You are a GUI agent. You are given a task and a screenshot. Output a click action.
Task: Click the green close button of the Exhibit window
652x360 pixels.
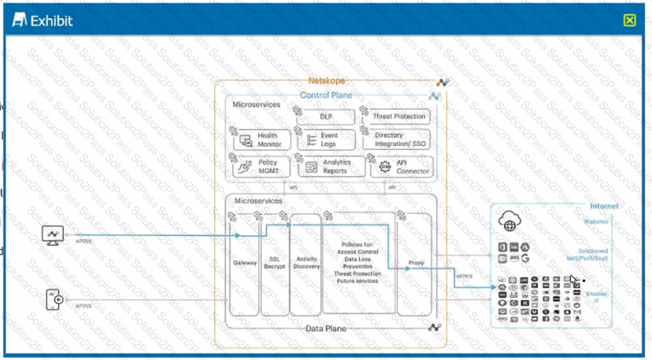[629, 21]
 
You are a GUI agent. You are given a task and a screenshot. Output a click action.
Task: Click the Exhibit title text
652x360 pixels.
[51, 21]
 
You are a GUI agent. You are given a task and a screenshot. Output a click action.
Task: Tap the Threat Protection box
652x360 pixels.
[398, 117]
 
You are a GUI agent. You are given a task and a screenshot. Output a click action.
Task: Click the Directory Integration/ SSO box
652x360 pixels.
[397, 140]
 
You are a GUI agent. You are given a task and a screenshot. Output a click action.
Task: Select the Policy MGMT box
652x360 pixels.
[262, 167]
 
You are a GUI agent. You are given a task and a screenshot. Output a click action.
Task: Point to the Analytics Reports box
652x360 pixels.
[333, 167]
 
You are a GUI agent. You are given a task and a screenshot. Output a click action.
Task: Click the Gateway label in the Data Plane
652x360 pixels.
[245, 263]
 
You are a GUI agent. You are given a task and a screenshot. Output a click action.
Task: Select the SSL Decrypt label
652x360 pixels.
[274, 263]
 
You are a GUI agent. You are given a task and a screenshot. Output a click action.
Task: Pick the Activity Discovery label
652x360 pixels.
[306, 263]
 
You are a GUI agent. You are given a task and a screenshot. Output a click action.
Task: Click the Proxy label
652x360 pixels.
[416, 263]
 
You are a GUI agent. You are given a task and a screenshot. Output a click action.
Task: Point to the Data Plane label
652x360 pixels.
[326, 329]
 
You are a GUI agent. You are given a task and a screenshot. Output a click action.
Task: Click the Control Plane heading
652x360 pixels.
[326, 95]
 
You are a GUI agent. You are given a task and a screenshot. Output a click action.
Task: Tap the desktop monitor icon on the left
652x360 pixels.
[53, 235]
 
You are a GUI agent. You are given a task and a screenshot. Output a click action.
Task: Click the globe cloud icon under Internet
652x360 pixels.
[509, 221]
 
